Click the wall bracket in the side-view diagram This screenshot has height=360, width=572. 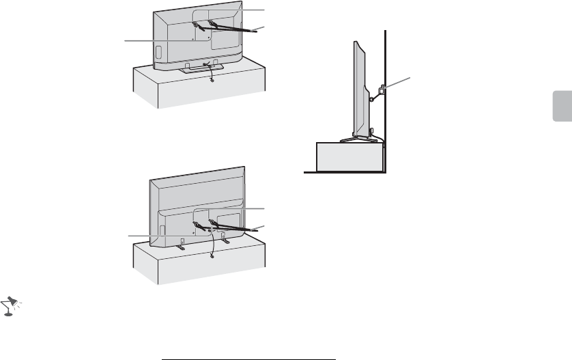coord(382,88)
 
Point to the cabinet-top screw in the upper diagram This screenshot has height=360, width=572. coord(212,81)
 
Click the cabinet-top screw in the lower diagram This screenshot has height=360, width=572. coord(212,256)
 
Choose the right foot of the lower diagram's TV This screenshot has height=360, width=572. coord(226,240)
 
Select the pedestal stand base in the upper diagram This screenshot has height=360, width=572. coord(198,68)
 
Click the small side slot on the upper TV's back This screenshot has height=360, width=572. coord(156,51)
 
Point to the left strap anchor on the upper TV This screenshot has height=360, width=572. coord(197,25)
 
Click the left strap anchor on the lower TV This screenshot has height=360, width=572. coord(197,225)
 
